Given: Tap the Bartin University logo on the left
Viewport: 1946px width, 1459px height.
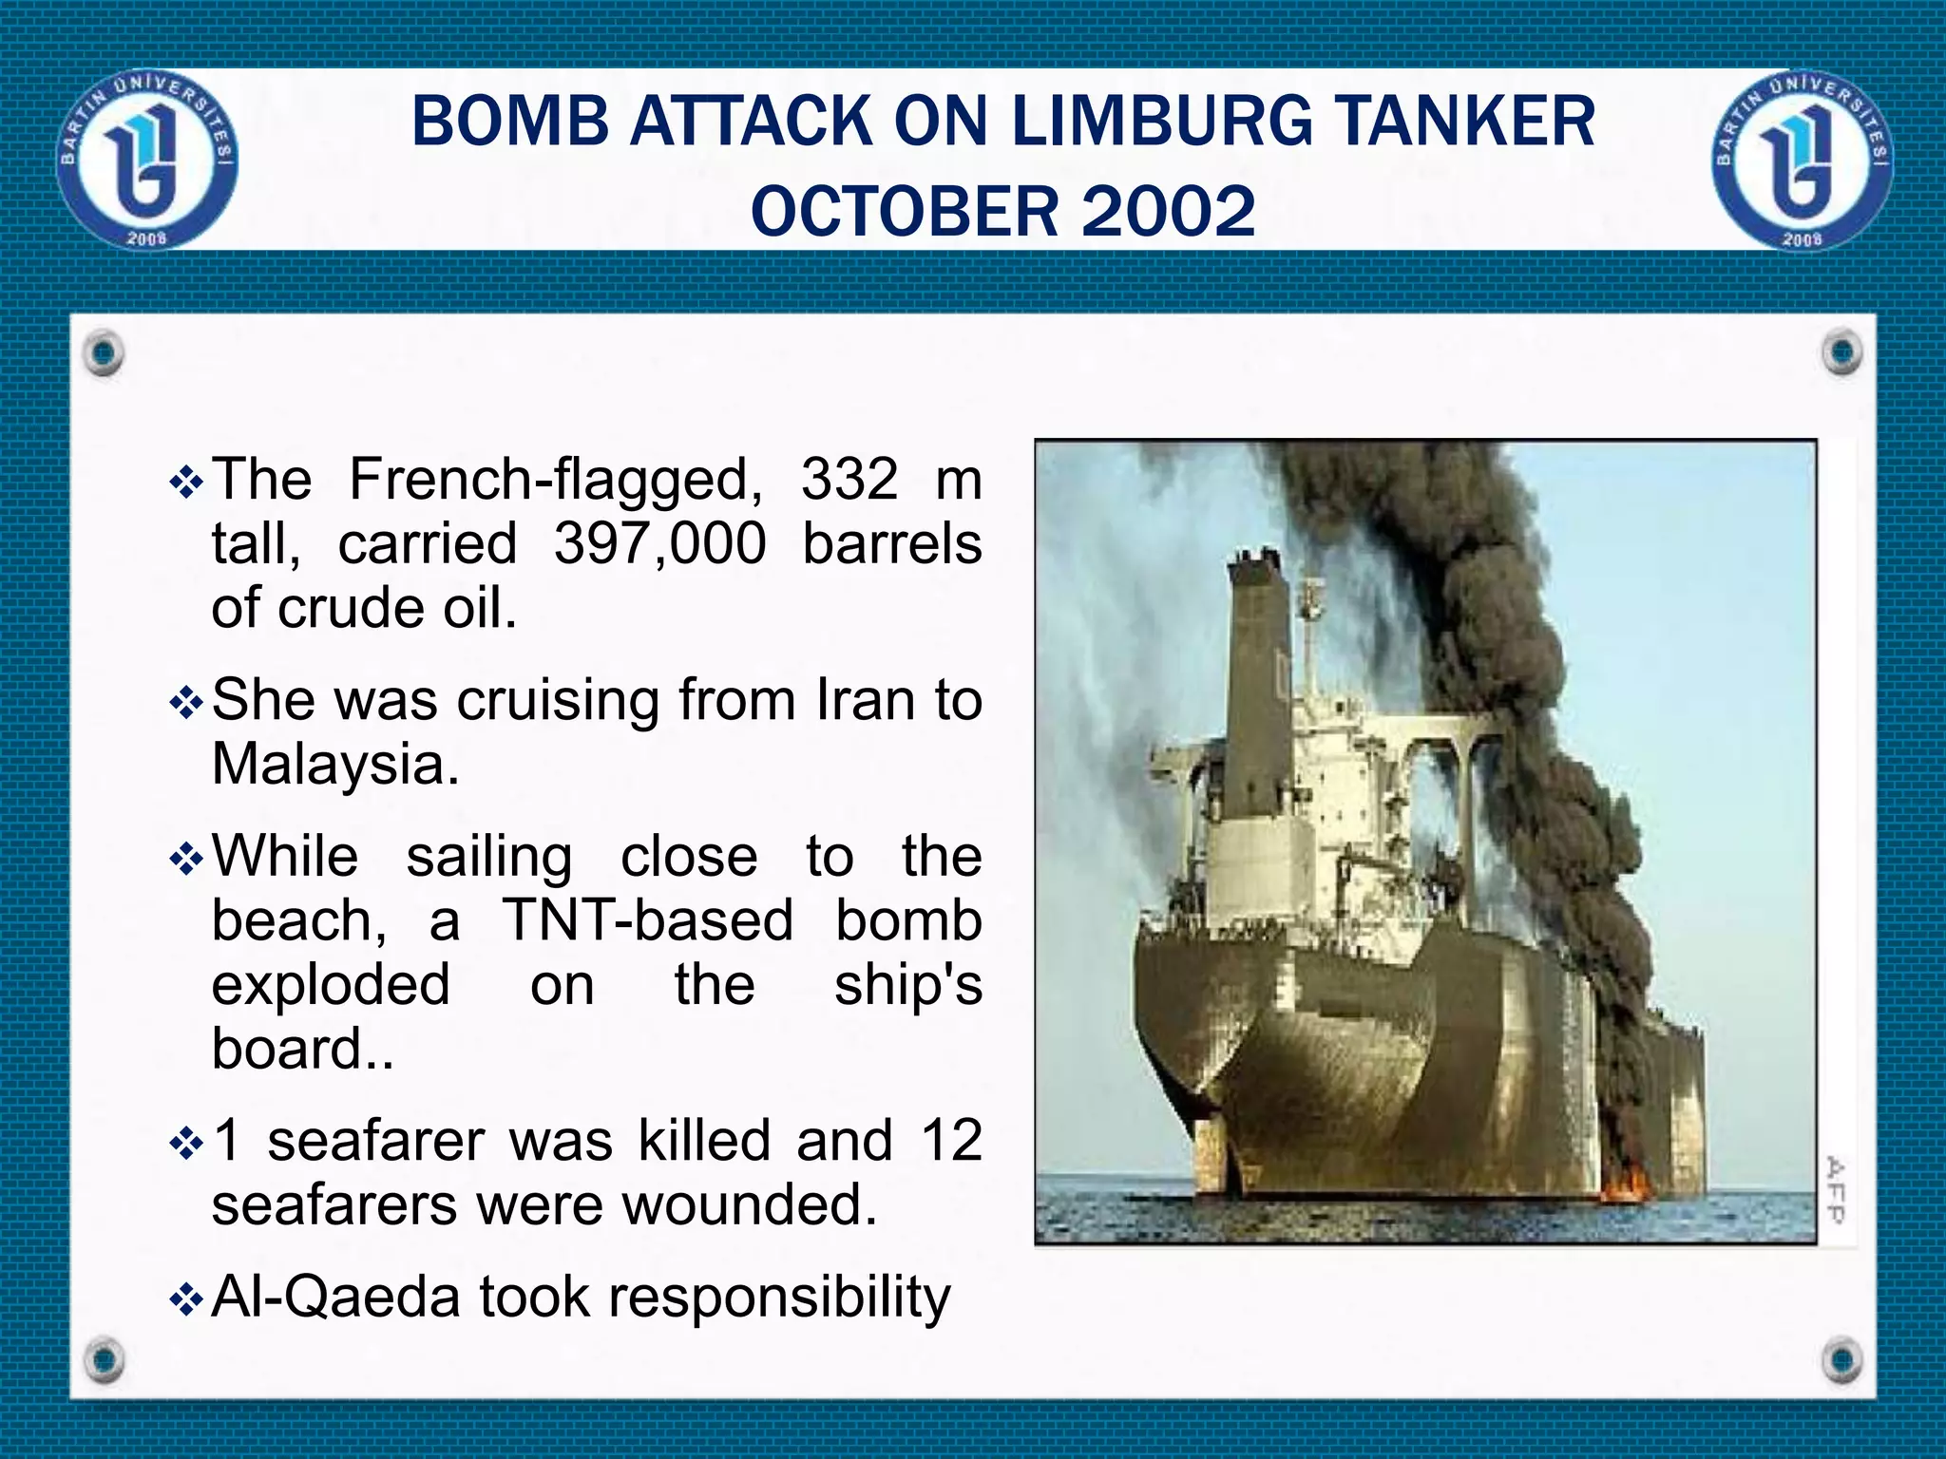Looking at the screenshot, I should (147, 161).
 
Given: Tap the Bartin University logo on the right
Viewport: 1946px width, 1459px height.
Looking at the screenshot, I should (1802, 161).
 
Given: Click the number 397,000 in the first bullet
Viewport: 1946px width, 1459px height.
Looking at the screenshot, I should (659, 543).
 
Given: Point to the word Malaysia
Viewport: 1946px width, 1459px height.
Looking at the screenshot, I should (334, 763).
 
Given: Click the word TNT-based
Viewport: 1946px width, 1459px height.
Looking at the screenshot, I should (647, 920).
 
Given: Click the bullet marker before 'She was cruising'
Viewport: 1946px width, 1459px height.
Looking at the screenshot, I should (186, 704).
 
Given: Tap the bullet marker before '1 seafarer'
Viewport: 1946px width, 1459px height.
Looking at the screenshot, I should (186, 1144).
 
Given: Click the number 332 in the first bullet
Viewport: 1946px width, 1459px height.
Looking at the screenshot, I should (849, 479).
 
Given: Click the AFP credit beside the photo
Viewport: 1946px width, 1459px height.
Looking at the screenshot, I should (1836, 1189).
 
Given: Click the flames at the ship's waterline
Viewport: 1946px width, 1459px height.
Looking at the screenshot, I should (1626, 1185).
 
